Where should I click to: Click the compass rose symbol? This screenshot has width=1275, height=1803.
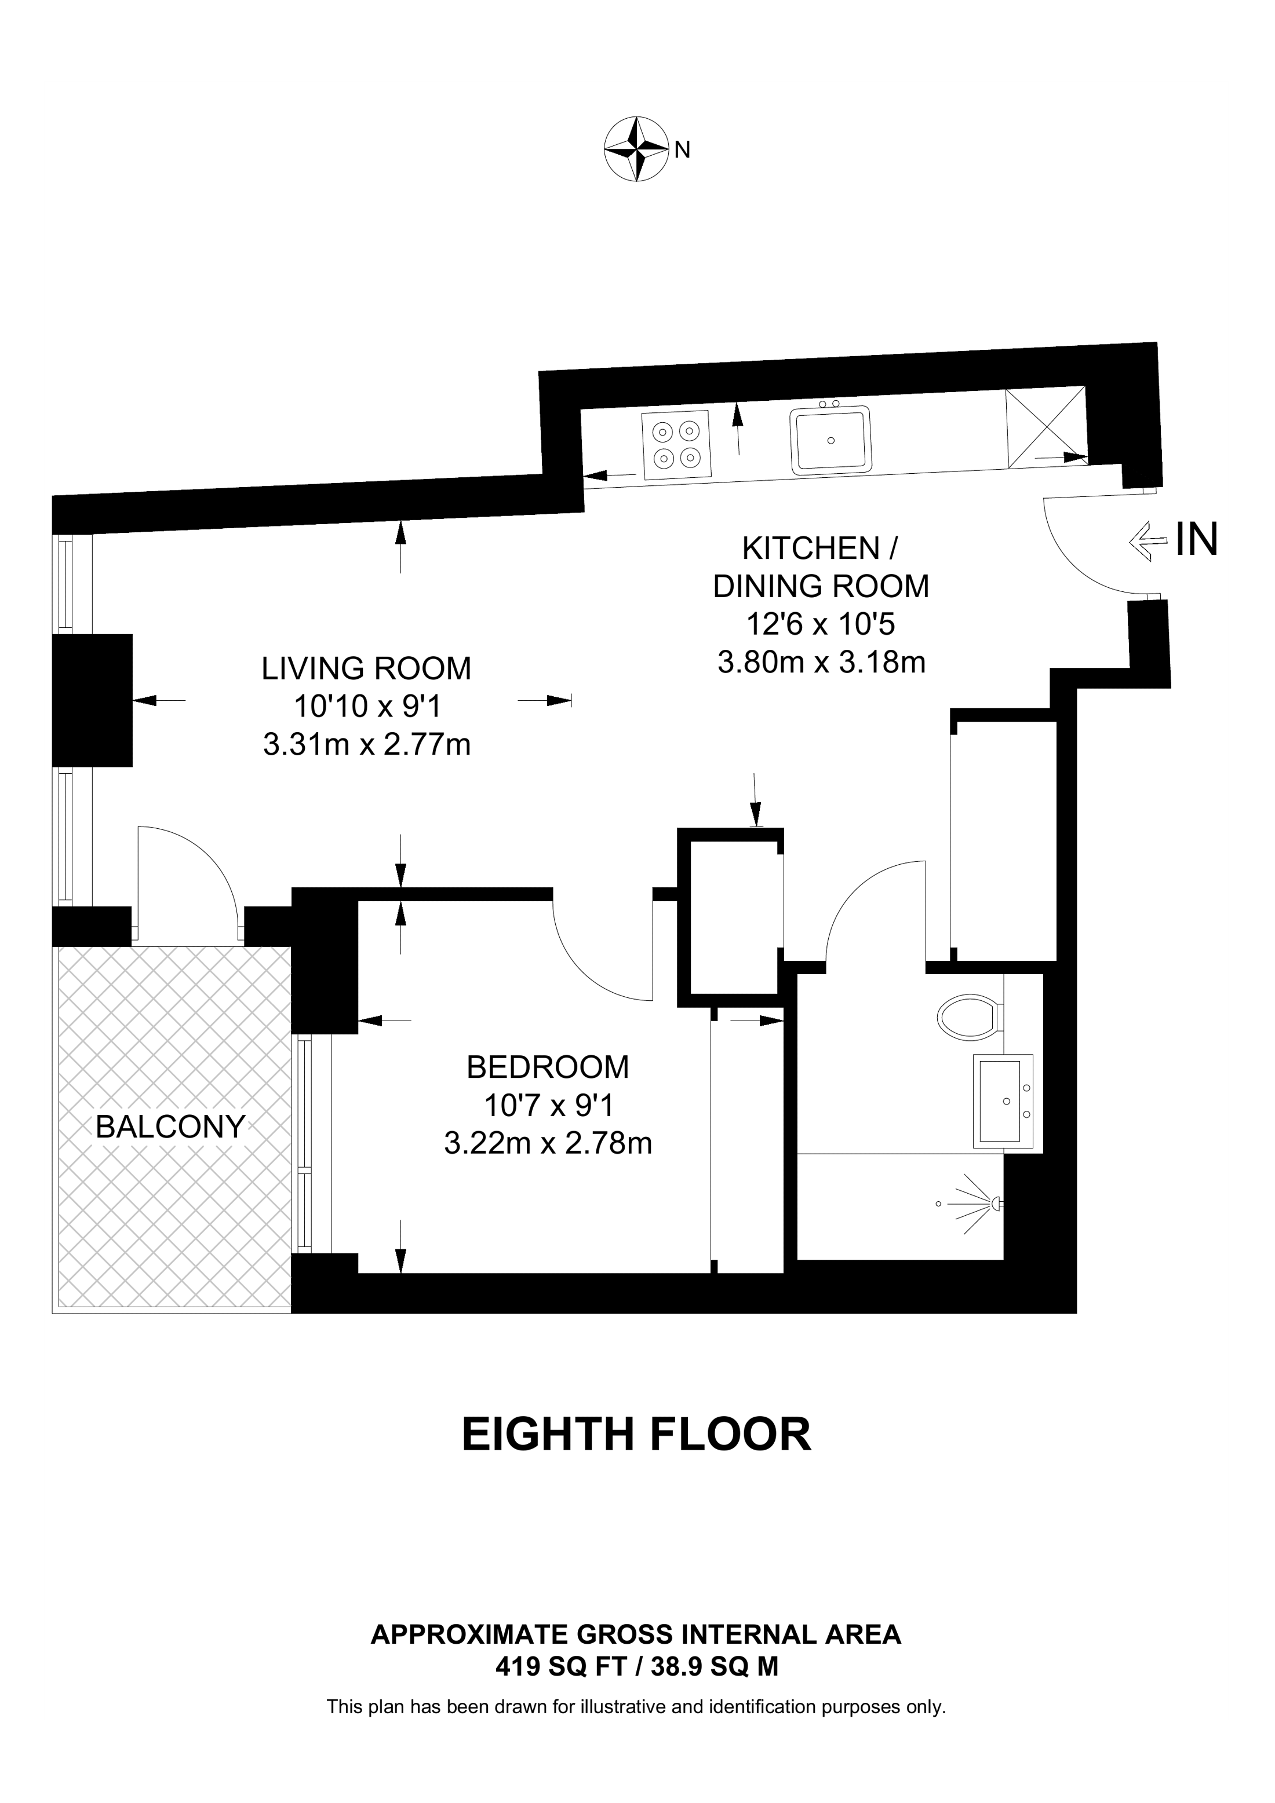pyautogui.click(x=636, y=149)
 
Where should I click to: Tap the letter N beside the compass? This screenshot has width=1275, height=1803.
pyautogui.click(x=683, y=150)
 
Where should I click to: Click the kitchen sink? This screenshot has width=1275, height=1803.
pyautogui.click(x=831, y=440)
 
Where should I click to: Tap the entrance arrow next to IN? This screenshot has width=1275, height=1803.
pyautogui.click(x=1147, y=541)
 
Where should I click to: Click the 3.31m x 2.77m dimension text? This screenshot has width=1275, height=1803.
pyautogui.click(x=367, y=744)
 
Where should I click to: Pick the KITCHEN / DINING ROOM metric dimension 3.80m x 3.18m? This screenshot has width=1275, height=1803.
pyautogui.click(x=822, y=662)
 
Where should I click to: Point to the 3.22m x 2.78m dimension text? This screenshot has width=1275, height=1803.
pyautogui.click(x=548, y=1143)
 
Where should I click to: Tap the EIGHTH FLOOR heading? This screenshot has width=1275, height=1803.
pyautogui.click(x=636, y=1435)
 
